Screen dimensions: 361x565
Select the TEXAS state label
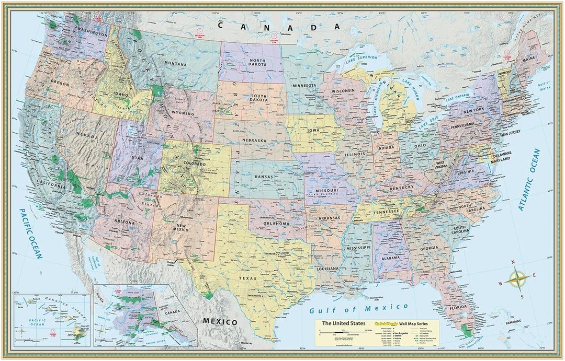coord(248,278)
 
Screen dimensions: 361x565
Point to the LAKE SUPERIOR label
coord(360,62)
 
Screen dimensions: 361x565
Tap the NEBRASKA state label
coord(255,141)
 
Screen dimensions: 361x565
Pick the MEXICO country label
coord(220,321)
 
